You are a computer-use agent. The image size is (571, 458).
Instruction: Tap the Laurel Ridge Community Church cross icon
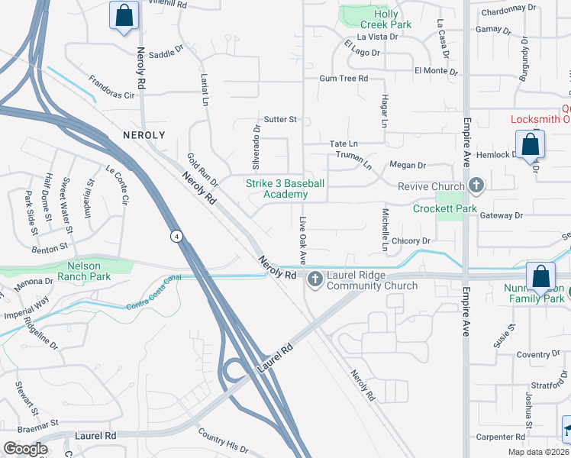click(315, 281)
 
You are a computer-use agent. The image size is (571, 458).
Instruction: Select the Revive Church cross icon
click(476, 185)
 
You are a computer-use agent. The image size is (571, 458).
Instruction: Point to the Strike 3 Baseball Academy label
click(285, 189)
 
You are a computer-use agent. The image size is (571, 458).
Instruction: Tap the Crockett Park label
click(445, 208)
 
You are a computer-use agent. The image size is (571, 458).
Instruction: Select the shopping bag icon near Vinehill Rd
click(123, 15)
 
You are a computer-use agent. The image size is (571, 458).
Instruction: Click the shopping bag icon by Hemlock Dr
click(529, 144)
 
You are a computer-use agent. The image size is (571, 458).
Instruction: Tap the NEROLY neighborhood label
click(144, 134)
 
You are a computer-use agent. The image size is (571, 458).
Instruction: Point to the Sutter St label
click(279, 120)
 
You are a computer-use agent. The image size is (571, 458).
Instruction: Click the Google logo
click(26, 449)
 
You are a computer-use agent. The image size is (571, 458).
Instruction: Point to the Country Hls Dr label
click(224, 440)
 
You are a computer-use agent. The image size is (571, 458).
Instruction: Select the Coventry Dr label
click(538, 355)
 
